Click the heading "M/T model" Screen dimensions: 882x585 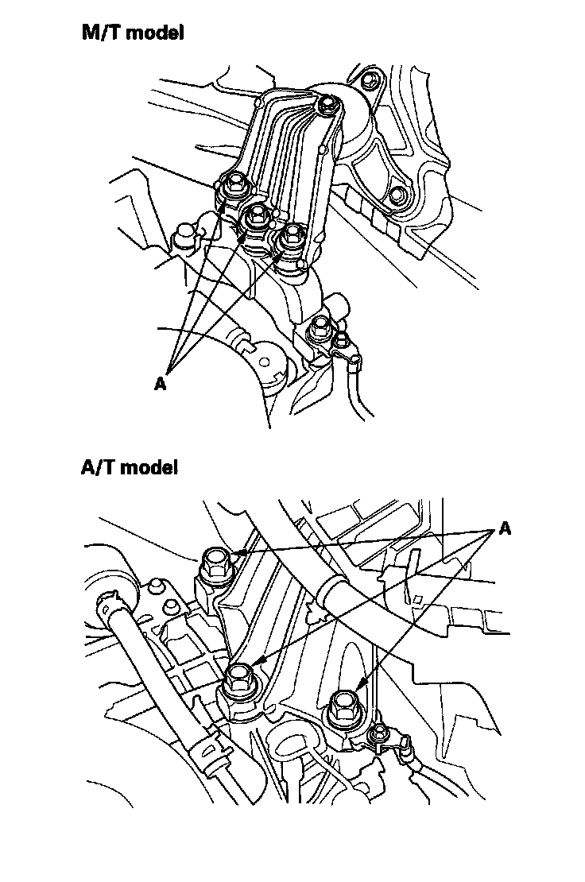coord(132,33)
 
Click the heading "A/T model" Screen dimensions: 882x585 coord(130,467)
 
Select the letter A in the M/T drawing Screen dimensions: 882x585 coord(161,383)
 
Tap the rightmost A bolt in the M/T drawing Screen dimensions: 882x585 coord(292,234)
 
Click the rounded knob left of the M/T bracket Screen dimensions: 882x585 coord(184,234)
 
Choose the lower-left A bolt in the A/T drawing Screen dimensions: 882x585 coord(238,679)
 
